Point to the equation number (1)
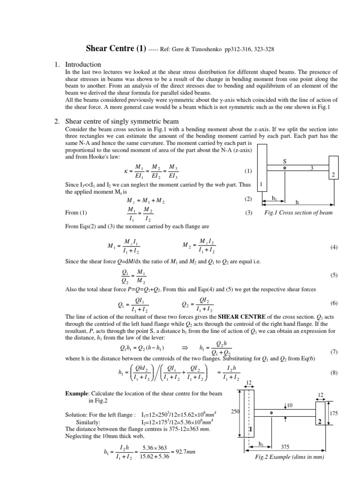click(248, 171)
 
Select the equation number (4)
click(333, 247)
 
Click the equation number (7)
click(333, 351)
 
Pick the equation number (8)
click(333, 373)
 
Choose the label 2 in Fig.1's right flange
click(333, 175)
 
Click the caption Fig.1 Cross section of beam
click(299, 212)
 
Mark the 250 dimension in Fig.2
click(236, 411)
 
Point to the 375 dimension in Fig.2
click(285, 447)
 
